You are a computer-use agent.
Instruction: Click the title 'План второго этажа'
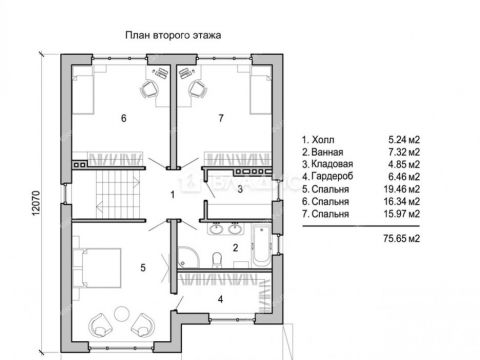click(x=172, y=33)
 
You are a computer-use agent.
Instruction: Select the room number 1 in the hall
click(x=172, y=193)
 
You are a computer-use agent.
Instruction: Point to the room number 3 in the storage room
click(x=239, y=187)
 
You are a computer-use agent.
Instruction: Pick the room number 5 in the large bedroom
click(x=143, y=268)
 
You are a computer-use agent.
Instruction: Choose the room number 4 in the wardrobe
click(x=222, y=298)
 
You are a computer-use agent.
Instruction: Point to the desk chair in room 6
click(x=149, y=89)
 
